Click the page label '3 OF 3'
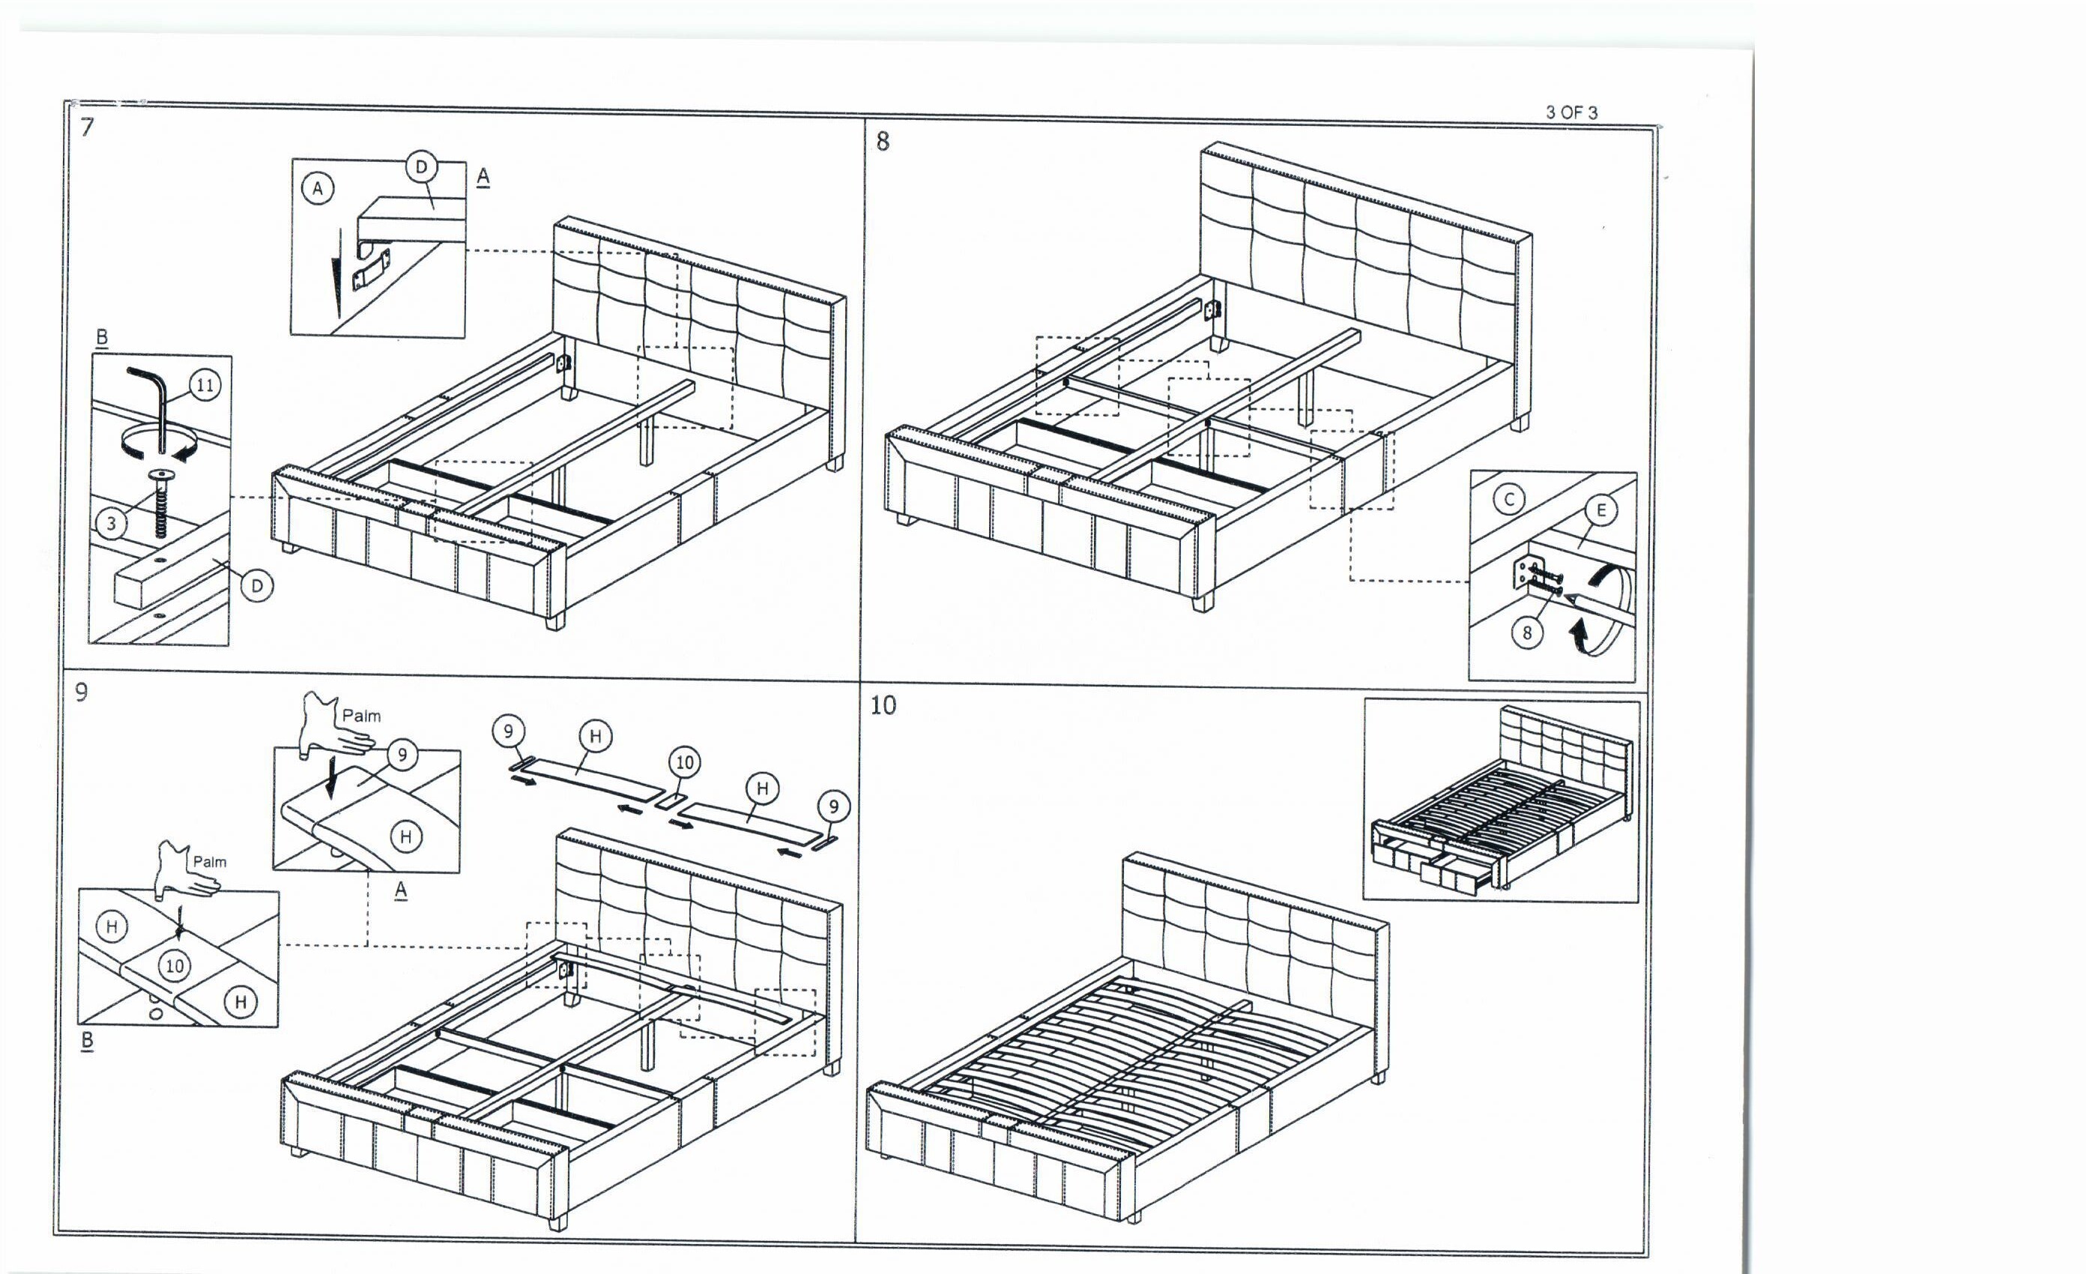click(x=1571, y=112)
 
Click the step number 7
click(x=87, y=127)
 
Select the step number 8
click(x=882, y=142)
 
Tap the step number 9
click(x=82, y=692)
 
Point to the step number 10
click(x=883, y=705)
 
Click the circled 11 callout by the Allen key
click(x=205, y=386)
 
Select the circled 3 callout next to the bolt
click(x=112, y=523)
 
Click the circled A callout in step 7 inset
click(x=318, y=188)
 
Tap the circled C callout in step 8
click(x=1509, y=499)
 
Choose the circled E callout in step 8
click(x=1600, y=510)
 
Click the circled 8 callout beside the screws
click(x=1527, y=633)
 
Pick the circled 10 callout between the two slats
click(x=685, y=762)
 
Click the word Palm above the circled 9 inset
click(x=361, y=716)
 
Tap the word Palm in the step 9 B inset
click(x=210, y=862)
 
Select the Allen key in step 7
click(x=154, y=400)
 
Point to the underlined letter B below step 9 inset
click(x=87, y=1041)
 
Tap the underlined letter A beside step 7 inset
click(x=483, y=176)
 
